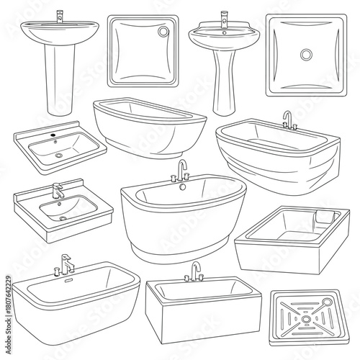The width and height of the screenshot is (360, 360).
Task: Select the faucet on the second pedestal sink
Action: coord(223,18)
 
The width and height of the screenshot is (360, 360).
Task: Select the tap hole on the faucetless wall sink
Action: coord(53,135)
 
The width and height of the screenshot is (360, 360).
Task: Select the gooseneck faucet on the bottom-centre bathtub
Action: coord(194,271)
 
